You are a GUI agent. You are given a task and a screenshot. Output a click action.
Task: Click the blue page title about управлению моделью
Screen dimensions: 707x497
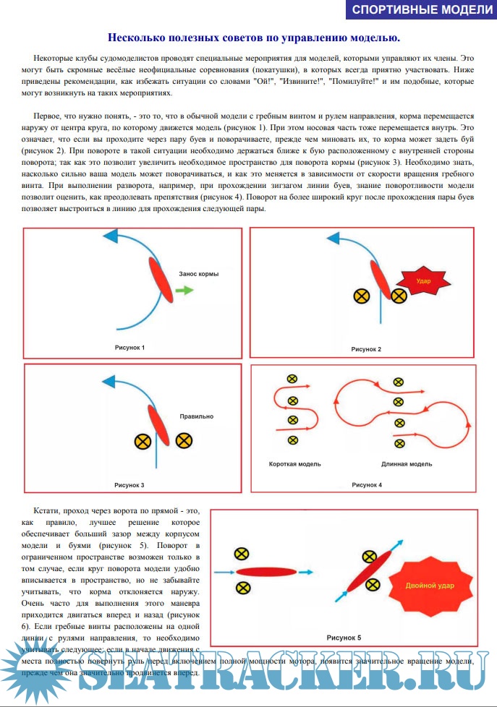[249, 38]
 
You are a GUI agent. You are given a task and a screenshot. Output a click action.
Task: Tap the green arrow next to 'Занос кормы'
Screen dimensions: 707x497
[184, 290]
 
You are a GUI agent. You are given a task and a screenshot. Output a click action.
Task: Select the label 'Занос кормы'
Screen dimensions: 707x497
[198, 275]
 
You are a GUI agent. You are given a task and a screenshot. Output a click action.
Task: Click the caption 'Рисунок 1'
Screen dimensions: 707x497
[129, 348]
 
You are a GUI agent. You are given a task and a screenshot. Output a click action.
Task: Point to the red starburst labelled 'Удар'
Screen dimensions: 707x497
[422, 280]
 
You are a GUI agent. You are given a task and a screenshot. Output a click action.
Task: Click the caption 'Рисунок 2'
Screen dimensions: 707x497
[366, 349]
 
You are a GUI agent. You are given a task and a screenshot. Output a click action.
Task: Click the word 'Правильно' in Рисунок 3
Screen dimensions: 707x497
[197, 416]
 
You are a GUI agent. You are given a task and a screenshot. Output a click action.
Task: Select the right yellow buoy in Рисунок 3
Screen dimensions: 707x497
[184, 440]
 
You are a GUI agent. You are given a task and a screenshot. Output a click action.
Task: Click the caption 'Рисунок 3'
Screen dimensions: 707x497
[129, 484]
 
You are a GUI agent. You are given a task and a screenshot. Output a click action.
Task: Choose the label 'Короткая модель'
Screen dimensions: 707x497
[294, 463]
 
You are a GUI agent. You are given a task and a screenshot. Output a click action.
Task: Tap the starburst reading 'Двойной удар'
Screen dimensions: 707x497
[430, 586]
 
